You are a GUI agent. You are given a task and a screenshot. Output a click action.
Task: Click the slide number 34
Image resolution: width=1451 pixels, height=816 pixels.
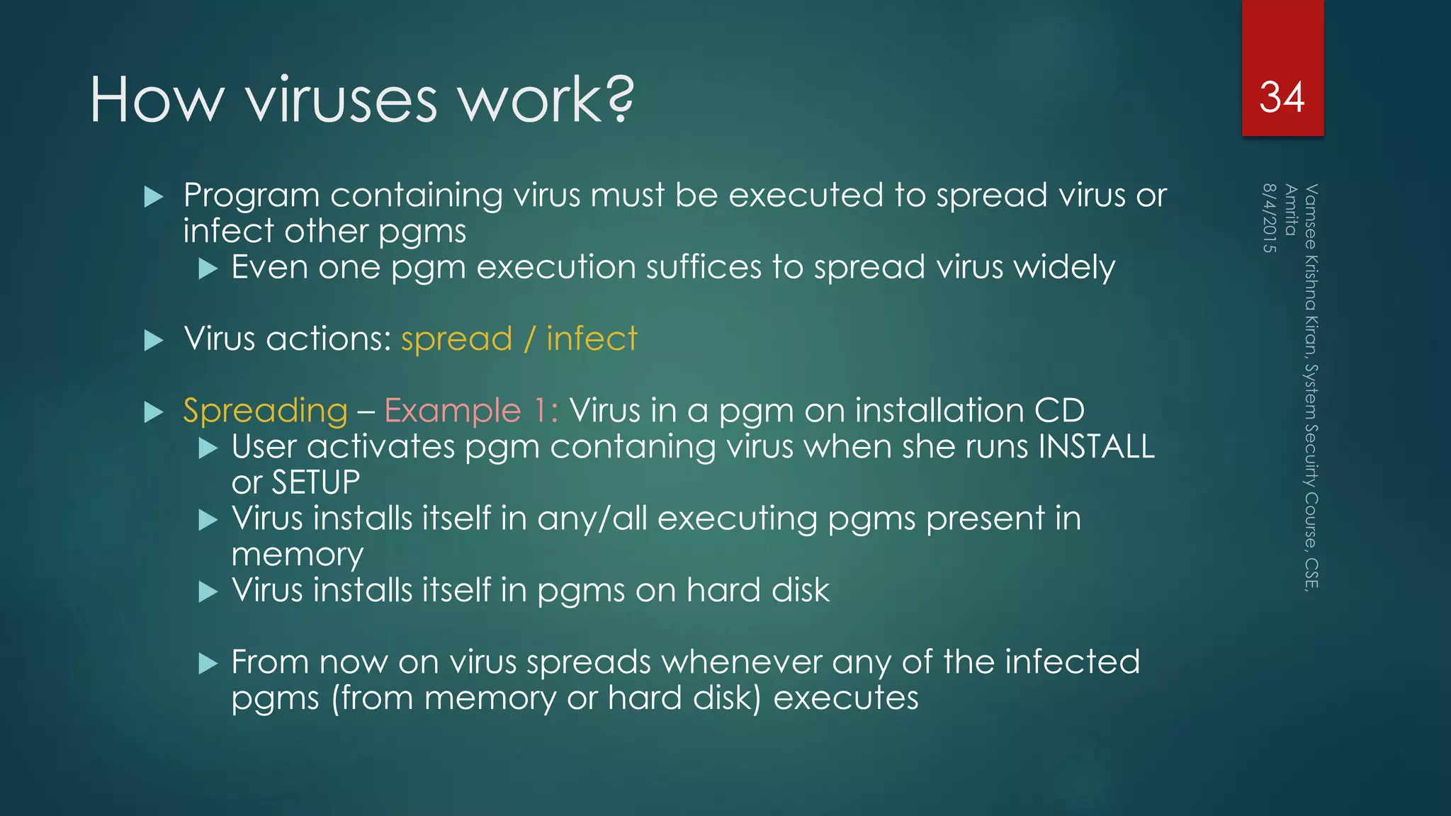click(1282, 97)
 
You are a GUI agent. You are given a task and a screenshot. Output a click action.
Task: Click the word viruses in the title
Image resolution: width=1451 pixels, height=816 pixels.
click(341, 100)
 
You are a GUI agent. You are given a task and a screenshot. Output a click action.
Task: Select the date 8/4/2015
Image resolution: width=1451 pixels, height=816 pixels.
click(1269, 218)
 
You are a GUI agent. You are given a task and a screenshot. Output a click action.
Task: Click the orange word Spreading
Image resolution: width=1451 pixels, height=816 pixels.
click(265, 411)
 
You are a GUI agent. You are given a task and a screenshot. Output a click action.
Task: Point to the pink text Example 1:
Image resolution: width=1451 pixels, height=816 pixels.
click(471, 411)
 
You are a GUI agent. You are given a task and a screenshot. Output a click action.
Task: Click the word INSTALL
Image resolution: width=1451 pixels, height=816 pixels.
click(1096, 447)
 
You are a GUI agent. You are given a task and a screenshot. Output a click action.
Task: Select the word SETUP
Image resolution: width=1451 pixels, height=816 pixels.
click(315, 483)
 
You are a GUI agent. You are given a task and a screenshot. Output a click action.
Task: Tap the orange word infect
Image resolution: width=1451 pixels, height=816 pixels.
click(592, 339)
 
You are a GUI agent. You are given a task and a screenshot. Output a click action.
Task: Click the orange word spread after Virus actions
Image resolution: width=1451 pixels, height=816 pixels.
click(456, 339)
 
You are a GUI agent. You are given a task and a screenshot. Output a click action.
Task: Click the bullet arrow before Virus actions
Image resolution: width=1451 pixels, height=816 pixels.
click(153, 341)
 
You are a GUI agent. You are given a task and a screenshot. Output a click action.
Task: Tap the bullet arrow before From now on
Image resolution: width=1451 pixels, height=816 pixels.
click(208, 664)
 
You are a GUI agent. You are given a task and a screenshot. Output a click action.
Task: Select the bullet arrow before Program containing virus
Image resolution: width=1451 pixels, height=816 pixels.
click(153, 197)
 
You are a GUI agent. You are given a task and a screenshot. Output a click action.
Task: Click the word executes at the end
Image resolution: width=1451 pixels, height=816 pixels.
click(845, 698)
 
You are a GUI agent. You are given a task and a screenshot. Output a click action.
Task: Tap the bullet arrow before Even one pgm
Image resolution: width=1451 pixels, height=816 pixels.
click(208, 268)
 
